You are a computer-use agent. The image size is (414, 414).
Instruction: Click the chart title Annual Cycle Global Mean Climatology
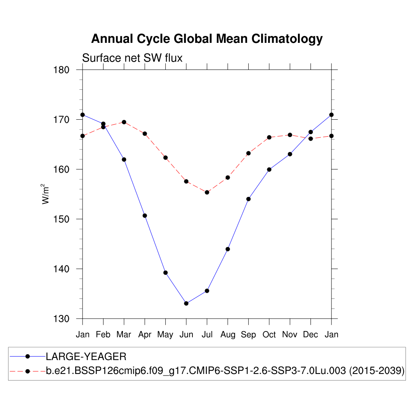tap(207, 39)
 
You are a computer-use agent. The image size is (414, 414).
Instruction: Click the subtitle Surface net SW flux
tap(132, 58)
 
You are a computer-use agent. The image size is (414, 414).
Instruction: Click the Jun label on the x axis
tap(186, 335)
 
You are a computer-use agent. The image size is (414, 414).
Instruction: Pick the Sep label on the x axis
tap(248, 335)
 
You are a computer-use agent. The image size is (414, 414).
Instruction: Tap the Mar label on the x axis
tap(124, 335)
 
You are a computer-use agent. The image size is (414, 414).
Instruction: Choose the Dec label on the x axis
tap(310, 335)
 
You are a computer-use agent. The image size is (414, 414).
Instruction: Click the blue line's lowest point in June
tap(186, 303)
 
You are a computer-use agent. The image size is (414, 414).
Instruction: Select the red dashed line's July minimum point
tap(207, 192)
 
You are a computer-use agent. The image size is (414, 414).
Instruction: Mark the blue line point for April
tap(145, 215)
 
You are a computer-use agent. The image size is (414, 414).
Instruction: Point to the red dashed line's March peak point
tap(124, 122)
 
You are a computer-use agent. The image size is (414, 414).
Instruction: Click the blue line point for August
tap(228, 249)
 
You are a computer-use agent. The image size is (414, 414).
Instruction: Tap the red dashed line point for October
tap(269, 137)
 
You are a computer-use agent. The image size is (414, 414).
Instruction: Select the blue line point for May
tap(165, 272)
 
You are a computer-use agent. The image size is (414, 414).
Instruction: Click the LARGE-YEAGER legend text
tap(86, 357)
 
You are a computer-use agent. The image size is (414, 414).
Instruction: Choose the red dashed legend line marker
tap(27, 371)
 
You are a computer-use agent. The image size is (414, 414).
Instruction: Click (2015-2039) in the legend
tap(377, 371)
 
